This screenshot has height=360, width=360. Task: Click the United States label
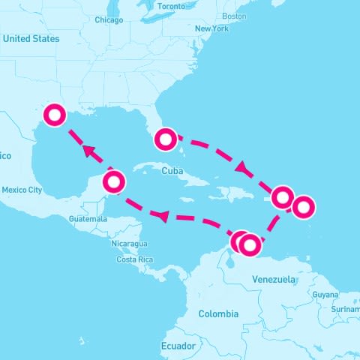tap(31, 38)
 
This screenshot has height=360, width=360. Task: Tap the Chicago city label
tap(109, 20)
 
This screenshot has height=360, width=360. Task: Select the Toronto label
tap(171, 6)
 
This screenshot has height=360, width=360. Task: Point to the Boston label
tap(235, 16)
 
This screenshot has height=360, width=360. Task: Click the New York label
tap(211, 28)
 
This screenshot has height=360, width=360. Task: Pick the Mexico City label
tap(22, 190)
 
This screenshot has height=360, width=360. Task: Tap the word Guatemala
tap(88, 218)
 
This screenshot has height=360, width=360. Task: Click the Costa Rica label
tap(135, 259)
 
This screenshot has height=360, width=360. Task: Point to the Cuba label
tap(172, 171)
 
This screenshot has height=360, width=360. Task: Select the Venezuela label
tap(274, 279)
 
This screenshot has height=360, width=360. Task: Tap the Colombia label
tap(218, 313)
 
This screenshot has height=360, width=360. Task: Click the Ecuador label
tap(178, 346)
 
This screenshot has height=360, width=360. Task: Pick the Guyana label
tap(325, 295)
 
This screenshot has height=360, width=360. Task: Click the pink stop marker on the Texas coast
tap(55, 115)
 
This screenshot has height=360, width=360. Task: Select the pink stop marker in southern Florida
tap(166, 139)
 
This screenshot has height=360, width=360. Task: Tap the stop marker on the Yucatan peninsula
tap(114, 181)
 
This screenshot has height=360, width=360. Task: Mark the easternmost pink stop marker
tap(304, 205)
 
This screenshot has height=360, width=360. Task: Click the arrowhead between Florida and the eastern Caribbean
tap(242, 166)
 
